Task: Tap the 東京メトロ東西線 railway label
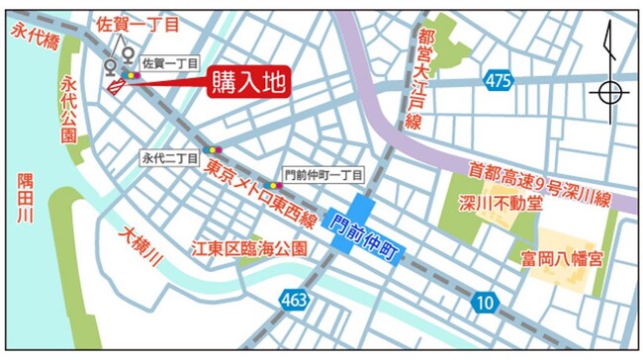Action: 261,195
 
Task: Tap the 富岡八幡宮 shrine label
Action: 558,262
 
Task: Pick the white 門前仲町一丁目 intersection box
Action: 322,174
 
